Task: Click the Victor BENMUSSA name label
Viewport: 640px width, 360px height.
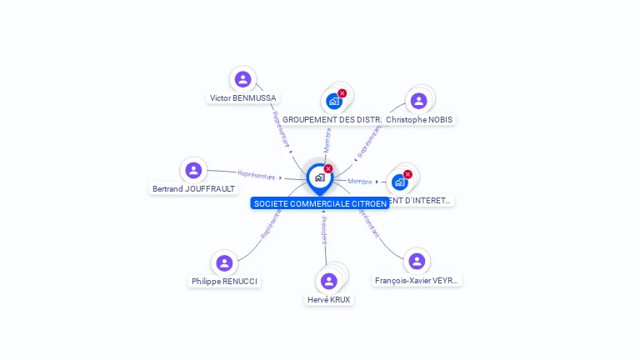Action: [243, 97]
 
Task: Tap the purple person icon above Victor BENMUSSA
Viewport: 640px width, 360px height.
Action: [242, 79]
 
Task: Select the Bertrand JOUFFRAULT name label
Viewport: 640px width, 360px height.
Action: [193, 188]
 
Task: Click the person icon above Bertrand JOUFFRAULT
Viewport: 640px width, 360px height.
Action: [193, 170]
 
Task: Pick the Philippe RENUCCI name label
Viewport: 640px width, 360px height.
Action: [224, 282]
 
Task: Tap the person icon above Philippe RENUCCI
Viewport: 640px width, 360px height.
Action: [224, 263]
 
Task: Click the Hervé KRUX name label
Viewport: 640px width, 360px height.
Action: [329, 299]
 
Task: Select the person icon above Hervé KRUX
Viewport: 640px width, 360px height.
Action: [329, 281]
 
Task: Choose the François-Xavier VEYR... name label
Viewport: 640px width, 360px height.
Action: [417, 281]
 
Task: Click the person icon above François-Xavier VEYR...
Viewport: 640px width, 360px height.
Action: [417, 262]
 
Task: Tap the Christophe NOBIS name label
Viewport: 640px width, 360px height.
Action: [419, 119]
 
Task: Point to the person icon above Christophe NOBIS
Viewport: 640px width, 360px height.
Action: [419, 101]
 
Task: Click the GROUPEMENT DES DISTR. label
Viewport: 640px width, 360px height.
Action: [332, 119]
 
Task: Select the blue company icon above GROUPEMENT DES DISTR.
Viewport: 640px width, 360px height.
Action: [334, 102]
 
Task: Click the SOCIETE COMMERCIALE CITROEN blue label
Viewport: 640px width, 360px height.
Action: [320, 203]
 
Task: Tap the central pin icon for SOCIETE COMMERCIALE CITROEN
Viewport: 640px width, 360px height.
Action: [319, 177]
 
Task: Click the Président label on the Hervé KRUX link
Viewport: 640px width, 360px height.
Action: [324, 230]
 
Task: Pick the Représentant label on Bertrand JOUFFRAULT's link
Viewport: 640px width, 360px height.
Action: [257, 175]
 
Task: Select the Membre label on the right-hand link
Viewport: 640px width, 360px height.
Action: [360, 181]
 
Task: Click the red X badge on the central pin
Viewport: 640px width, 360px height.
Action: [328, 168]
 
